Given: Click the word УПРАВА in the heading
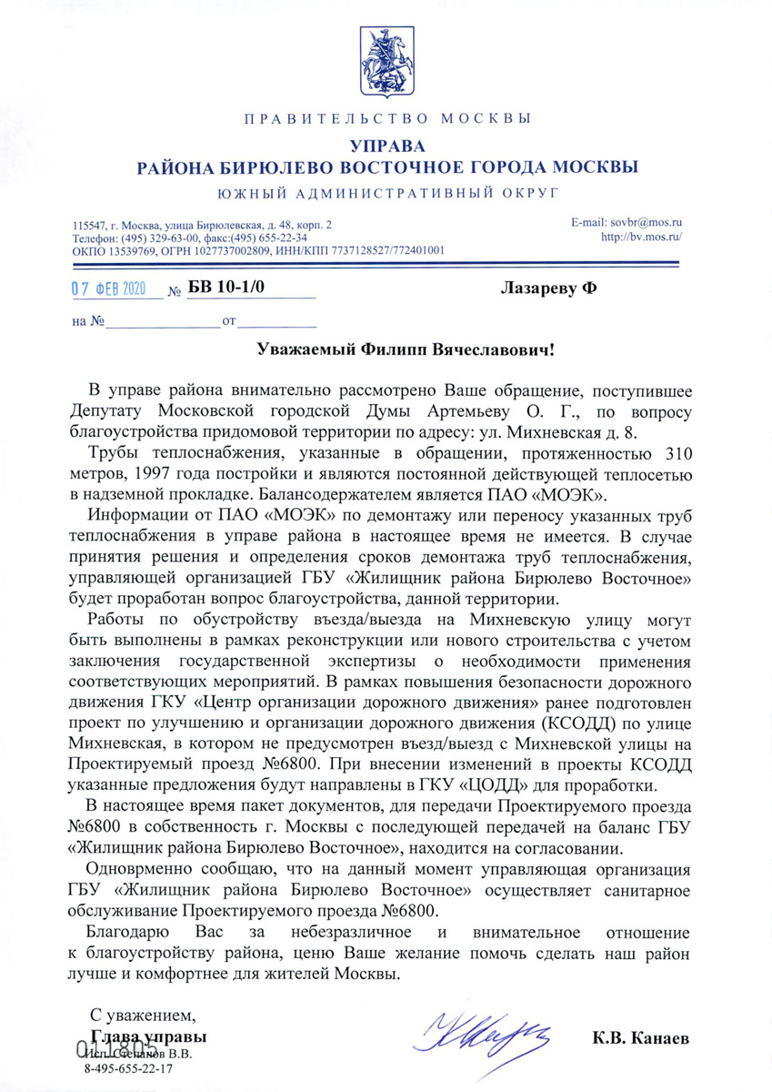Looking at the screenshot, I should pos(386,146).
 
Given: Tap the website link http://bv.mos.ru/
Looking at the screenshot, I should pos(642,237).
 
